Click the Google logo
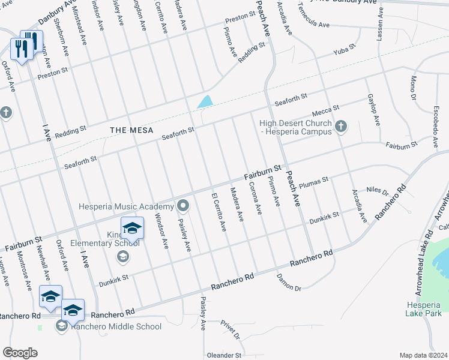tap(20, 353)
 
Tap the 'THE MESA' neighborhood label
tap(131, 130)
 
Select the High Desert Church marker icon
tap(342, 126)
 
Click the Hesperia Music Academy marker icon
tap(184, 206)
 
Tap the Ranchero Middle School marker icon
tap(62, 326)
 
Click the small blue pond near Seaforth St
tap(205, 101)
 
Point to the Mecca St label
tap(325, 111)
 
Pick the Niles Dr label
tap(378, 190)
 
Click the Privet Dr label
tap(230, 328)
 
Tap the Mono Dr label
tap(413, 88)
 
